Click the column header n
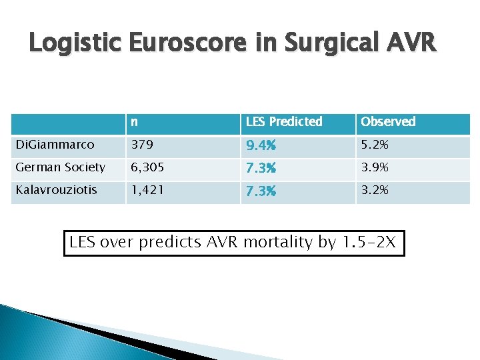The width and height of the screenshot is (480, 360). click(x=135, y=122)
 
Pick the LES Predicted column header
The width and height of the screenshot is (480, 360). click(x=284, y=122)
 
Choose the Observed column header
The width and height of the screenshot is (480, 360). click(x=388, y=122)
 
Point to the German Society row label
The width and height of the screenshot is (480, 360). click(x=60, y=167)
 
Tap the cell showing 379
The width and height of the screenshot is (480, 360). click(x=141, y=145)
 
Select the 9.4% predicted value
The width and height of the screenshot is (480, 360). click(x=261, y=146)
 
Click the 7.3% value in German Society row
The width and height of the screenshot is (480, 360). click(x=261, y=169)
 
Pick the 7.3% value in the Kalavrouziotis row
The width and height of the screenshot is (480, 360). click(x=261, y=192)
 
